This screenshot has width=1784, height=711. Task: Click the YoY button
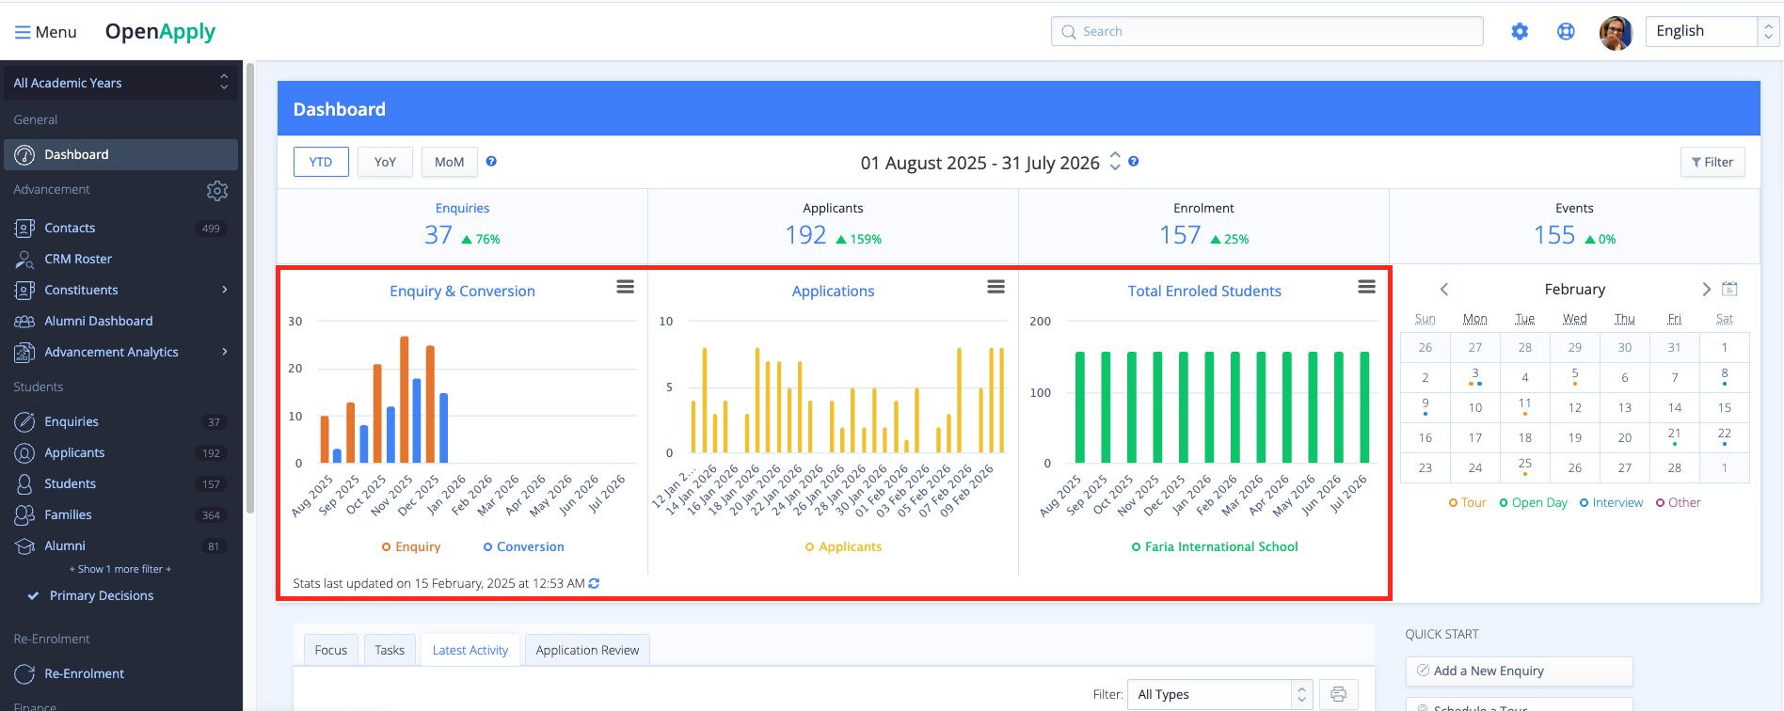point(385,162)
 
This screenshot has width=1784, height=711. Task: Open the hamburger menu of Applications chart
point(996,287)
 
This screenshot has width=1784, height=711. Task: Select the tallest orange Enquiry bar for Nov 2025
point(404,399)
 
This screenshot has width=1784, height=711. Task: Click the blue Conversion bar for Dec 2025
point(443,428)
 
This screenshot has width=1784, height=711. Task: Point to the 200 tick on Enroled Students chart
point(1040,322)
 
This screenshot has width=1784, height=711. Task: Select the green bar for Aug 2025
point(1080,407)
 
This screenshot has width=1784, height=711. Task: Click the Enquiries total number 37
point(438,235)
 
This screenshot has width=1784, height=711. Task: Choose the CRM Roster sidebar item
point(78,259)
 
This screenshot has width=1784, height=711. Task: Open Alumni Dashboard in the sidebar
point(98,321)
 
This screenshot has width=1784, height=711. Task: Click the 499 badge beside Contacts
point(211,229)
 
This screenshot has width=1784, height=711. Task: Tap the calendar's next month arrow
point(1706,290)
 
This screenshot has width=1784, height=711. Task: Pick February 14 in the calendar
point(1674,407)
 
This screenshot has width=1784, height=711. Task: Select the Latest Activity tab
point(470,650)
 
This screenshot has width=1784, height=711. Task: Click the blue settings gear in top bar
point(1520,31)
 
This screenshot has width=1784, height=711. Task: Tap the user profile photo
point(1616,32)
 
